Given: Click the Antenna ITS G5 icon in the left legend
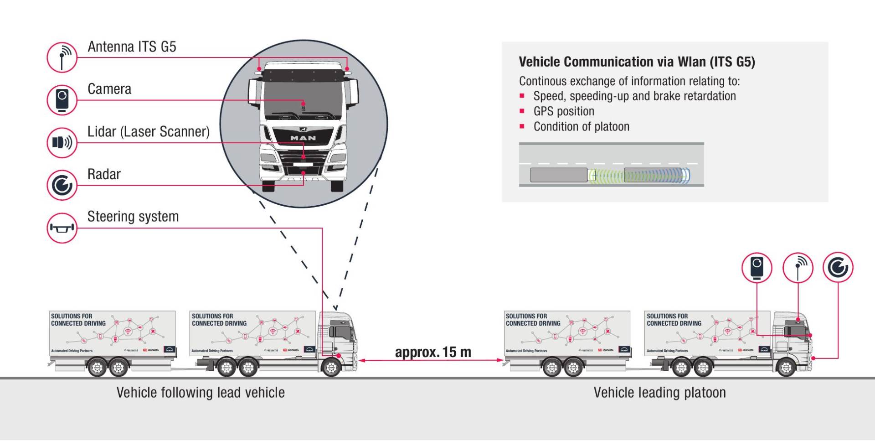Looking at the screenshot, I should point(62,57).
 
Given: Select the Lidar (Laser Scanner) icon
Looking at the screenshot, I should point(62,143).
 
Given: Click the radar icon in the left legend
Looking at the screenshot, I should point(62,185).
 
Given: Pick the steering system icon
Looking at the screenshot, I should point(62,228).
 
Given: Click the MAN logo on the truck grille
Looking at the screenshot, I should point(303,138).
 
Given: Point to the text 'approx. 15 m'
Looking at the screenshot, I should point(433,352).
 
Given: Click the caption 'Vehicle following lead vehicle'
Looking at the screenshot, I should point(201,393).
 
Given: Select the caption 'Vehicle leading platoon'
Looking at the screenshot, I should point(659,393).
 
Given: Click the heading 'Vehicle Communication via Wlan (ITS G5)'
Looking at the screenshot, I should point(637,62).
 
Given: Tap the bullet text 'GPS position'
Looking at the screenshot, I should point(564,111).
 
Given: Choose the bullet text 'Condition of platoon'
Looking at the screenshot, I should point(581,127).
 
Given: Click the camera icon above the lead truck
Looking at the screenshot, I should point(757,267).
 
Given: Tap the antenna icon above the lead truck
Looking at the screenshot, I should point(798,267).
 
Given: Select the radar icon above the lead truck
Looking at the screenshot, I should point(838,267).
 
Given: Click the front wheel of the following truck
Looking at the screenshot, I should point(331,368).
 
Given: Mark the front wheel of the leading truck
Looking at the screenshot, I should point(786,368).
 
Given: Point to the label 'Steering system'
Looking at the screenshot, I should point(133,217).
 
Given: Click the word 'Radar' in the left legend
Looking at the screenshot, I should point(104,174).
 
